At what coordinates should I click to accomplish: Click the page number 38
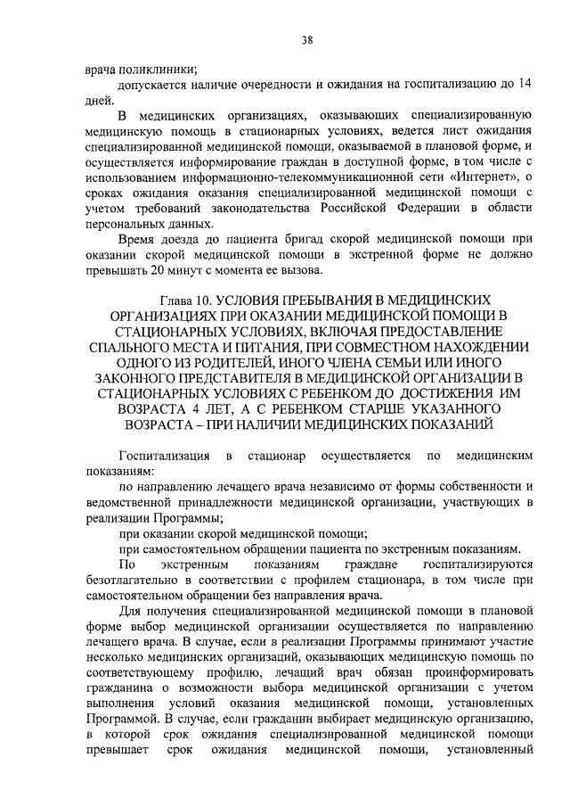pos(306,40)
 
